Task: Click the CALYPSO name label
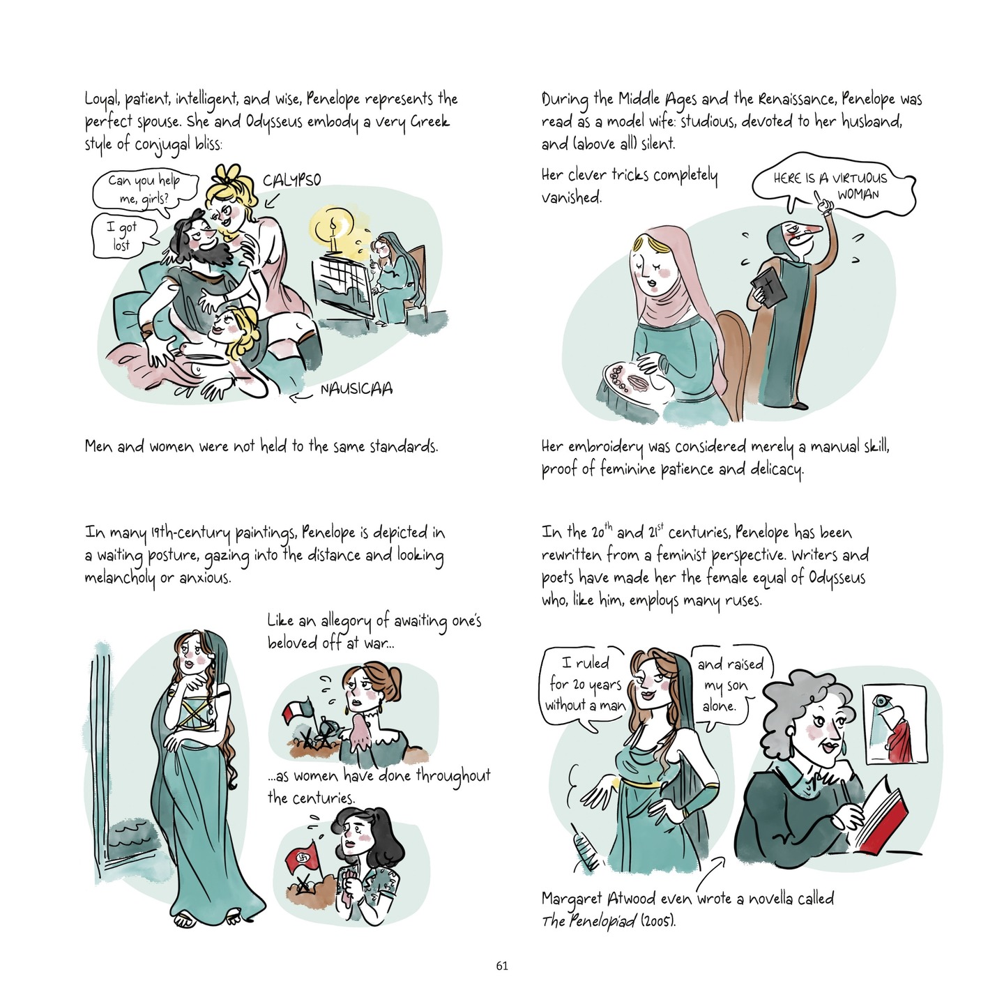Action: pyautogui.click(x=291, y=180)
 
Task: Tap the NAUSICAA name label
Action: pyautogui.click(x=356, y=389)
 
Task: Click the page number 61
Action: pyautogui.click(x=502, y=966)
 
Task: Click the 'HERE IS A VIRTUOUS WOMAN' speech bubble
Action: pyautogui.click(x=833, y=185)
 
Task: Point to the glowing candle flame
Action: pyautogui.click(x=333, y=227)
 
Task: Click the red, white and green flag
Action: pyautogui.click(x=298, y=714)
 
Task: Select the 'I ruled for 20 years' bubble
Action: pyautogui.click(x=584, y=685)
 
